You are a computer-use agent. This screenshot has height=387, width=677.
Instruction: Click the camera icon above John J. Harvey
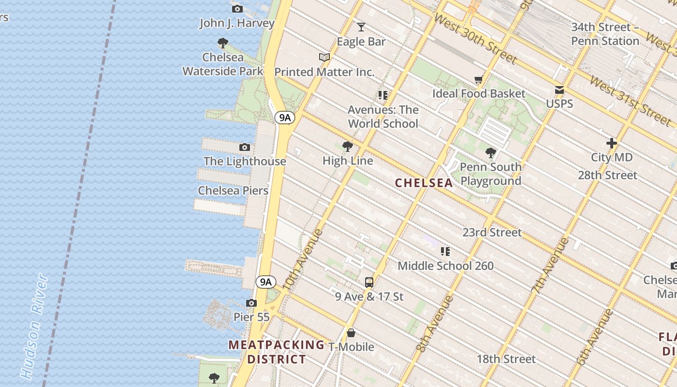point(237,9)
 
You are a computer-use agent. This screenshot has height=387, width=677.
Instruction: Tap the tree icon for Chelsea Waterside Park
point(222,43)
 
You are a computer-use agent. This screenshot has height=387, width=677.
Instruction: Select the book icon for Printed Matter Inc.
point(324,58)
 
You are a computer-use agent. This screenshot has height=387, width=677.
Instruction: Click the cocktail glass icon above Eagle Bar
point(361,27)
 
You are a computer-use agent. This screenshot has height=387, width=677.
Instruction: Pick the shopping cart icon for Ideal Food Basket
point(478,79)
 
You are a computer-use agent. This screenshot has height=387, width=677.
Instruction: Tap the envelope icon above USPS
point(559,90)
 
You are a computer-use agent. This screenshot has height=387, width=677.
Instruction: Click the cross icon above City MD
point(611,143)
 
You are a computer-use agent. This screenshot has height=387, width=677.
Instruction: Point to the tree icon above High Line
point(347,147)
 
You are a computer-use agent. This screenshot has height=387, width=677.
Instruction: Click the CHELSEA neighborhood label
point(424,183)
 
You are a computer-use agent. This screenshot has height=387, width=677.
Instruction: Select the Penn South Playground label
point(490,174)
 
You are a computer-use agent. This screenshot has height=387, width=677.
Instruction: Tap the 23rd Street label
point(492,233)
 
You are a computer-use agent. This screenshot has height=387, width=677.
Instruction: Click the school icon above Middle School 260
point(445,252)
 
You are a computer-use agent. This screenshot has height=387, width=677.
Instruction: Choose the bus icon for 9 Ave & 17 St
point(369,283)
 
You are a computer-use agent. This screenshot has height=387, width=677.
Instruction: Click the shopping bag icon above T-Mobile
point(351,333)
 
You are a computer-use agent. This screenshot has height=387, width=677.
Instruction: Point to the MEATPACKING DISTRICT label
point(277,352)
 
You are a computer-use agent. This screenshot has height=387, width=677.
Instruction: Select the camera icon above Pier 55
point(251,303)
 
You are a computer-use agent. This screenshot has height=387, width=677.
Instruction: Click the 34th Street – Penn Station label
point(605,34)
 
